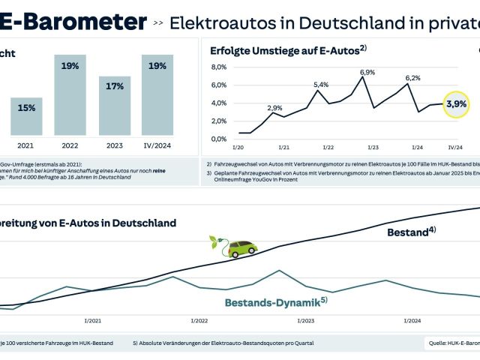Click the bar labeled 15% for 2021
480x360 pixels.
26,116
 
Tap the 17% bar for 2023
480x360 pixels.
114,105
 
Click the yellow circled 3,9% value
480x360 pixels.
456,103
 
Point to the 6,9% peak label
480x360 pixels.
368,72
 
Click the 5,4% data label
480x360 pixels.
321,85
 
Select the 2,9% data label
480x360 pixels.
274,108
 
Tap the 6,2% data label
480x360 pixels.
413,78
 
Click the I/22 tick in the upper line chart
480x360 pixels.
328,148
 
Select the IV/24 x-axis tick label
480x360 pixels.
454,148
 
